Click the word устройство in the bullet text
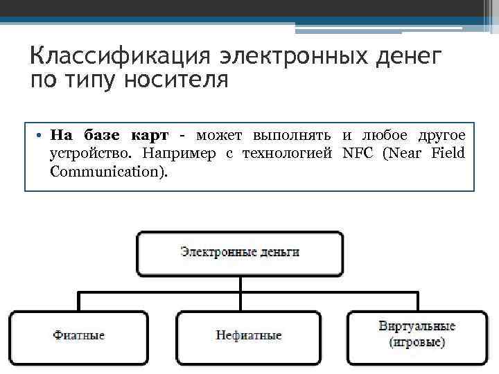[x=85, y=152]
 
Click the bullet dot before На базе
[x=41, y=135]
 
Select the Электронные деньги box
[x=240, y=253]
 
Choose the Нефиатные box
[x=249, y=336]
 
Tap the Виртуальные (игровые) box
[x=417, y=336]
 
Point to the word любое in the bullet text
[x=382, y=134]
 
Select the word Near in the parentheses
[x=405, y=152]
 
